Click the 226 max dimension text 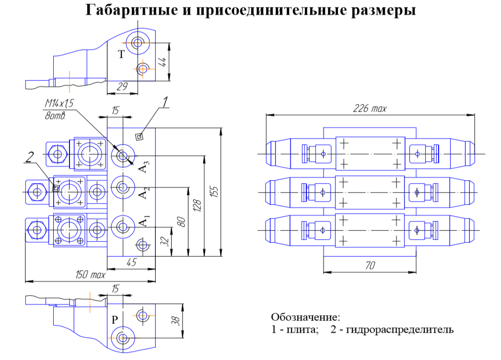[x=370, y=109]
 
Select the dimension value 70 [x=370, y=266]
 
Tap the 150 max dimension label [x=90, y=275]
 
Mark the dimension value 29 [x=122, y=87]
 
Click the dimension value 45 [x=131, y=262]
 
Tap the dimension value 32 [x=164, y=242]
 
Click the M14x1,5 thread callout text [x=59, y=103]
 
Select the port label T [x=121, y=55]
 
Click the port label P [x=115, y=319]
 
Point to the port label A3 [x=144, y=167]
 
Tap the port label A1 [x=144, y=221]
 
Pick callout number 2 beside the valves [x=29, y=157]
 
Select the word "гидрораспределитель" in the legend [x=400, y=329]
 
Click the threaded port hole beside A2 [x=123, y=187]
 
